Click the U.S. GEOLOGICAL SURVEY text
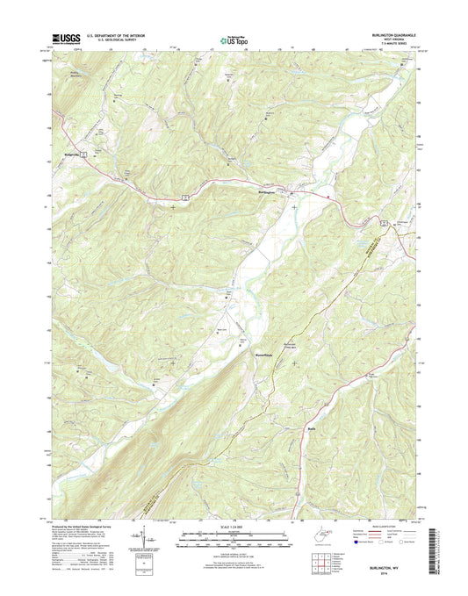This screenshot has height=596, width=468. (x=114, y=41)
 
